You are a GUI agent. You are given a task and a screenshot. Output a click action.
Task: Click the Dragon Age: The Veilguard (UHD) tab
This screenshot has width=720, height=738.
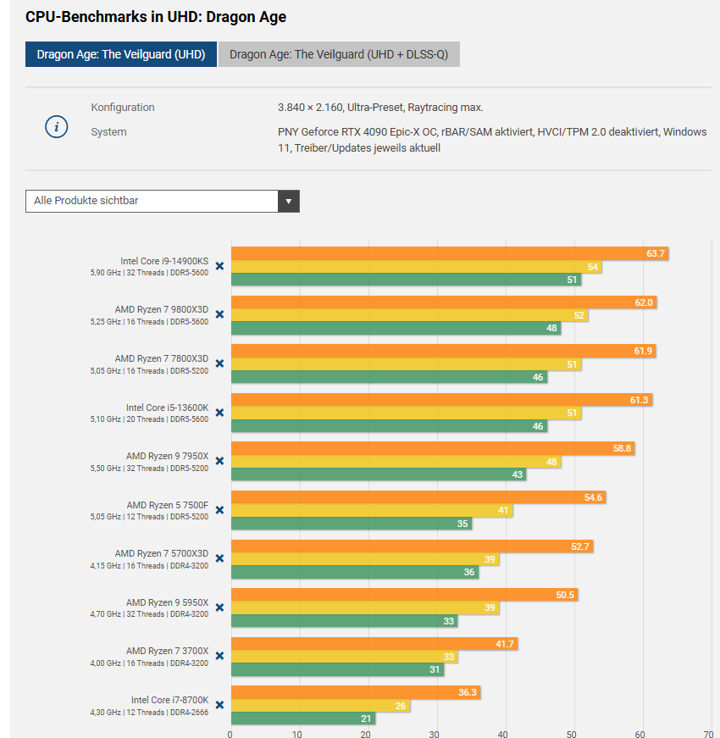[121, 55]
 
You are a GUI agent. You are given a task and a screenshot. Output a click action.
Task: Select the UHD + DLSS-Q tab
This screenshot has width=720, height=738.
[339, 55]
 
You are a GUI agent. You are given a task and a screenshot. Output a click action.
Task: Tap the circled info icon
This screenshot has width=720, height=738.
[56, 128]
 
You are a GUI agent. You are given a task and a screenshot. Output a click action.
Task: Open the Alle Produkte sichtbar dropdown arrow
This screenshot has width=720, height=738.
[289, 202]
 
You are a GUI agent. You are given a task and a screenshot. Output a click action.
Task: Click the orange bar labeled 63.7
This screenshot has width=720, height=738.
[449, 253]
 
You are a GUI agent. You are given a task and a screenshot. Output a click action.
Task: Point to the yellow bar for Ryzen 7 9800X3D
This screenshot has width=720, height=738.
[409, 315]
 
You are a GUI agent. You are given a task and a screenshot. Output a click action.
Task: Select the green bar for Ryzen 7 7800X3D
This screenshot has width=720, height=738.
[389, 377]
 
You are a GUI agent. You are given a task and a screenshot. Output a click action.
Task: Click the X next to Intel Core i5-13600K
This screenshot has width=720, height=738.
[219, 413]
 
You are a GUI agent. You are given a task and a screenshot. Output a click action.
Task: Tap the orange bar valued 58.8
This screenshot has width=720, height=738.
[432, 448]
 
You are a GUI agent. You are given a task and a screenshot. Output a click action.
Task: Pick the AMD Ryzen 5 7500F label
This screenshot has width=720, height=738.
[167, 505]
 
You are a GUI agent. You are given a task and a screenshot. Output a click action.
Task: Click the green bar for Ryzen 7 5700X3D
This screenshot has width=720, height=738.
[354, 572]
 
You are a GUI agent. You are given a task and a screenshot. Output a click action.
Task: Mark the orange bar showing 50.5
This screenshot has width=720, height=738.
[403, 595]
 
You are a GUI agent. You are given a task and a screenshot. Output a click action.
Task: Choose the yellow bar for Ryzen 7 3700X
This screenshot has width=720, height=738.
[343, 657]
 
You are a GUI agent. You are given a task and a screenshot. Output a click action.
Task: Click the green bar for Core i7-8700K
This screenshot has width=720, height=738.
[302, 719]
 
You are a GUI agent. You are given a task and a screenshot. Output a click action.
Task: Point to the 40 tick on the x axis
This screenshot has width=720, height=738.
[503, 734]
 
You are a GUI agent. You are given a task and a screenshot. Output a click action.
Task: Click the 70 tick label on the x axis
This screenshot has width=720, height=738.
[708, 734]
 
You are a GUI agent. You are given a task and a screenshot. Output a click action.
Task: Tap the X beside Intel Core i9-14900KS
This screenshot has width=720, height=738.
[219, 266]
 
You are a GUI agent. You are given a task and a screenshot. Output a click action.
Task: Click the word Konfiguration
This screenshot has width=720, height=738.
[123, 108]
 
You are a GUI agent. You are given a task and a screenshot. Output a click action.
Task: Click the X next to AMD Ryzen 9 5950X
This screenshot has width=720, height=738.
[219, 608]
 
